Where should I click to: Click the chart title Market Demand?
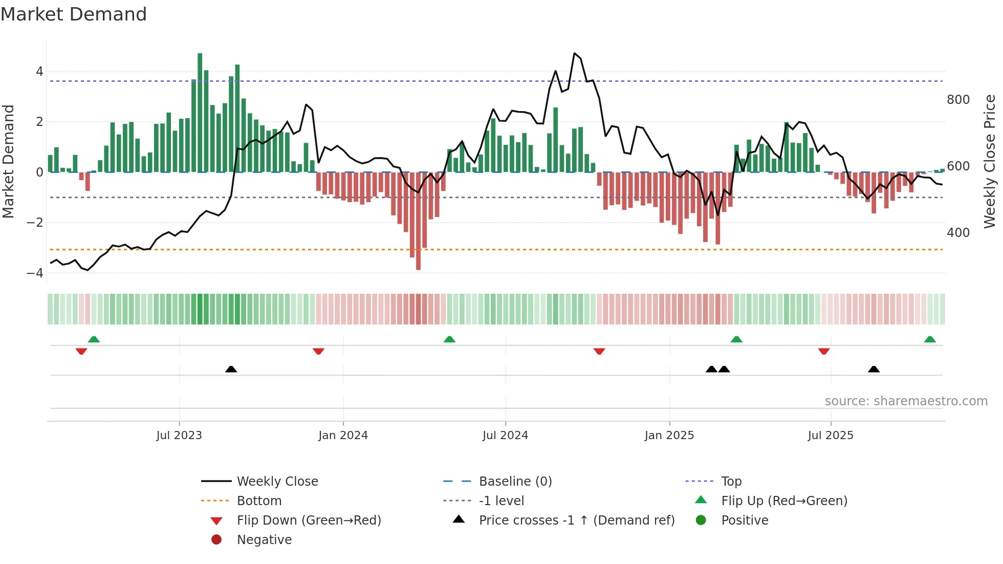(74, 14)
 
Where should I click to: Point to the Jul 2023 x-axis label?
(179, 436)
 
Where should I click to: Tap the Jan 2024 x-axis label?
(343, 436)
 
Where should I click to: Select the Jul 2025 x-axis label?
(831, 436)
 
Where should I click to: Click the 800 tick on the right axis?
(958, 100)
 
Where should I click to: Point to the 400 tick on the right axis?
(958, 233)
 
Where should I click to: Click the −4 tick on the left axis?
(35, 273)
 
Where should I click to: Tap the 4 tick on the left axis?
(39, 72)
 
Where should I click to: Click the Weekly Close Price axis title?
(990, 161)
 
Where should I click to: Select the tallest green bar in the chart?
(200, 113)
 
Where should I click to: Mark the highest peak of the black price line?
(575, 53)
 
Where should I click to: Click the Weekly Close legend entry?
(277, 482)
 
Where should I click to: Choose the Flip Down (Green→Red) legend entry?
(309, 520)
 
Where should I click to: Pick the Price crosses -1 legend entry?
(576, 520)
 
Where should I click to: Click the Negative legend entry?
(264, 540)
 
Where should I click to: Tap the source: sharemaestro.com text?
(906, 401)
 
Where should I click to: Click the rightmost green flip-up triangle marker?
(930, 339)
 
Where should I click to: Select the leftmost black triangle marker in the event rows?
(231, 369)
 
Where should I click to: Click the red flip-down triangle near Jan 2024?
(318, 351)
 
